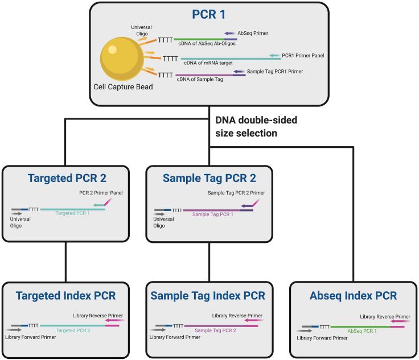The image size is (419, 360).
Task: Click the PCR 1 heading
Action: (210, 14)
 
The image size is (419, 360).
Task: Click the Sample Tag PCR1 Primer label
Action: (275, 72)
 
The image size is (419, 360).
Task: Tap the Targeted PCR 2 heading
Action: (68, 178)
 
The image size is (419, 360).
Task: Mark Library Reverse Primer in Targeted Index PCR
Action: (98, 315)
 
